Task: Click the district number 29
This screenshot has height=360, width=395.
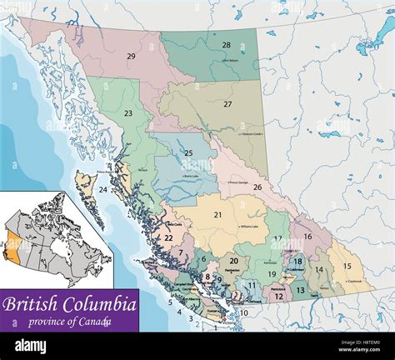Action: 131,56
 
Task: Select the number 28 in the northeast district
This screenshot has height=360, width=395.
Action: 226,45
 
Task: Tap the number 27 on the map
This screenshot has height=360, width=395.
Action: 227,104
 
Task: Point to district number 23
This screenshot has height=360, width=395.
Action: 127,113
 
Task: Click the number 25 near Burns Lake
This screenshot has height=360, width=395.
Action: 188,152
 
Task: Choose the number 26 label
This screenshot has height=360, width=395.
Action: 257,187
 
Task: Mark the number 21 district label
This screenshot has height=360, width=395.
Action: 217,215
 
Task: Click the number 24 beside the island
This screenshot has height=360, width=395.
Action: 102,190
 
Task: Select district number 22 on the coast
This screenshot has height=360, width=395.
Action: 168,238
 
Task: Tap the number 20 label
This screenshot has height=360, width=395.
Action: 233,261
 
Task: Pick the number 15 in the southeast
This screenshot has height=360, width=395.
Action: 347,266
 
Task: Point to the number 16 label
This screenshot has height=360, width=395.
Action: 307,237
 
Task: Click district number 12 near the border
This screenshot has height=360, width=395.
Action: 279,296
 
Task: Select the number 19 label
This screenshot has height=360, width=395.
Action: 272,273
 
